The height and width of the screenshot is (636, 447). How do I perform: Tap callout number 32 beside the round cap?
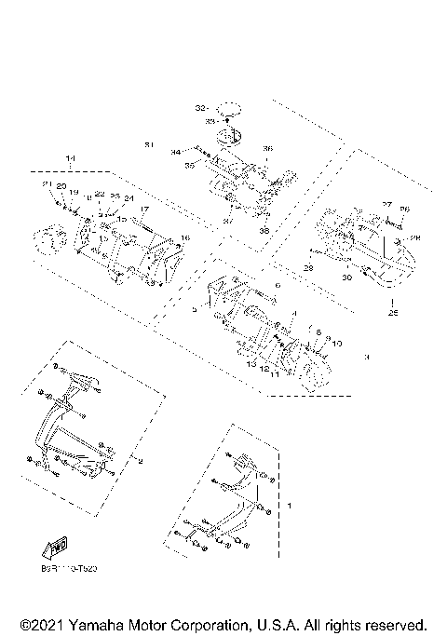click(x=199, y=108)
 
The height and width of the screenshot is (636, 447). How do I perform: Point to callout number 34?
click(x=175, y=151)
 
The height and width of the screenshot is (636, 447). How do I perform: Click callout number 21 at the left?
click(x=44, y=185)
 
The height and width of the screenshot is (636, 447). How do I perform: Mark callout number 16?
click(x=184, y=238)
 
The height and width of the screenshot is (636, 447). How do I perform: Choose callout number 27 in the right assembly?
click(x=386, y=204)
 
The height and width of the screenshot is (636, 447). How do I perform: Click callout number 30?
click(x=345, y=277)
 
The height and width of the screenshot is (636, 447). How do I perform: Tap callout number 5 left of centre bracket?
click(x=194, y=308)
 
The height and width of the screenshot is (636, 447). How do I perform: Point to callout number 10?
click(x=336, y=344)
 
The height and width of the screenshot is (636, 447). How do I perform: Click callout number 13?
click(x=251, y=365)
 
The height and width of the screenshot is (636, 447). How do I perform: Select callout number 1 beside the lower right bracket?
click(x=290, y=506)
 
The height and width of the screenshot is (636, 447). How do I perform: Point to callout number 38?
click(x=264, y=230)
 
